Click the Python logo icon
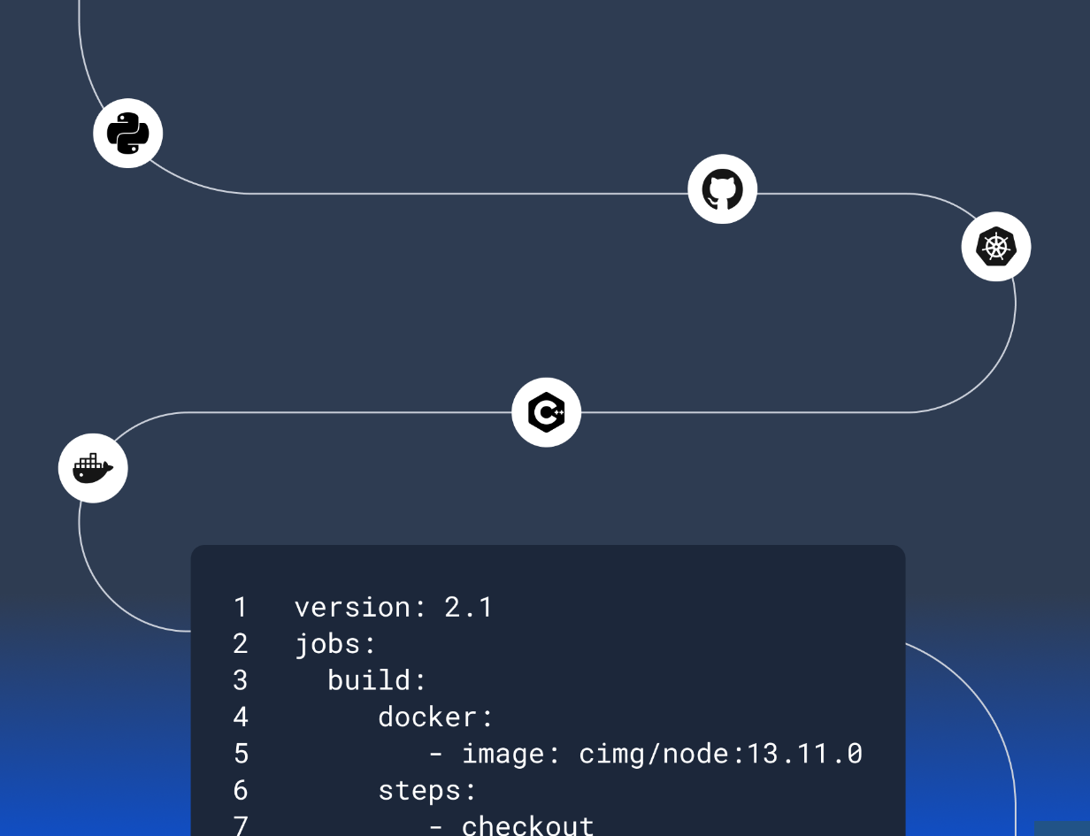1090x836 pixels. click(128, 133)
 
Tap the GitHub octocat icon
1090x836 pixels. click(722, 189)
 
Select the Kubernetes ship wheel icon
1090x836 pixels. click(996, 246)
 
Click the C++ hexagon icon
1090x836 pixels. click(546, 412)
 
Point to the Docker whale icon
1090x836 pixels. click(93, 468)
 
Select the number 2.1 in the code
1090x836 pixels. click(469, 607)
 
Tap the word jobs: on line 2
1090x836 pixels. click(335, 644)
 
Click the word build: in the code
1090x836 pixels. click(377, 680)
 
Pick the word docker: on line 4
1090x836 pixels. click(435, 717)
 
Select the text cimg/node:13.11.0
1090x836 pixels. click(721, 754)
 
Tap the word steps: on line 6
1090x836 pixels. click(426, 791)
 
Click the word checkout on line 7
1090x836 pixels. click(527, 825)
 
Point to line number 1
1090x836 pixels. click(241, 607)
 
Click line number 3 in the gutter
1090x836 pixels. click(241, 680)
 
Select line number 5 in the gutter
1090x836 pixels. click(241, 754)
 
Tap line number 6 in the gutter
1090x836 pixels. click(241, 790)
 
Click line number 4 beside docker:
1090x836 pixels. click(241, 717)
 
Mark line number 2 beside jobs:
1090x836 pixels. click(241, 644)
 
